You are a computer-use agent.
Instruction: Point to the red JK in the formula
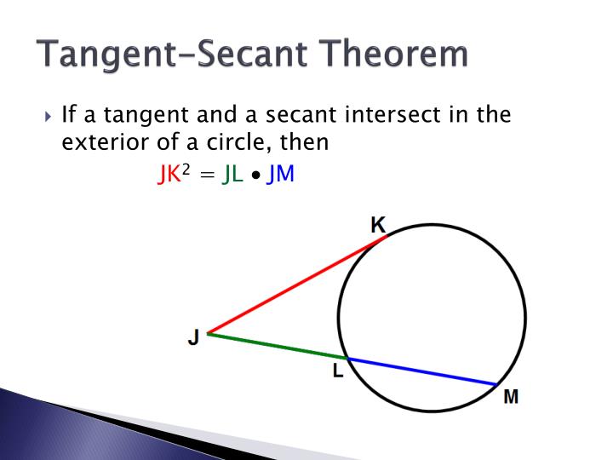(169, 175)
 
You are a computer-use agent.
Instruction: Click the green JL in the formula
(232, 175)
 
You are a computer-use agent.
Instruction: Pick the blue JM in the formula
(280, 175)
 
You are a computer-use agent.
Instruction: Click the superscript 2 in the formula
(186, 170)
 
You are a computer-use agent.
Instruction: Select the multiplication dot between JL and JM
(255, 177)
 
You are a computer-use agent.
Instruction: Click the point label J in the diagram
(193, 338)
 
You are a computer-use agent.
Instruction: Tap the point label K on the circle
(378, 225)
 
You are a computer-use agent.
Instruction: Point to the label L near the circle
(338, 371)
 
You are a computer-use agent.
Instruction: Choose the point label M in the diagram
(511, 397)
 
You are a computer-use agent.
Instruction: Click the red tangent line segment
(294, 285)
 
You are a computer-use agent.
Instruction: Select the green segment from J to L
(277, 345)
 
